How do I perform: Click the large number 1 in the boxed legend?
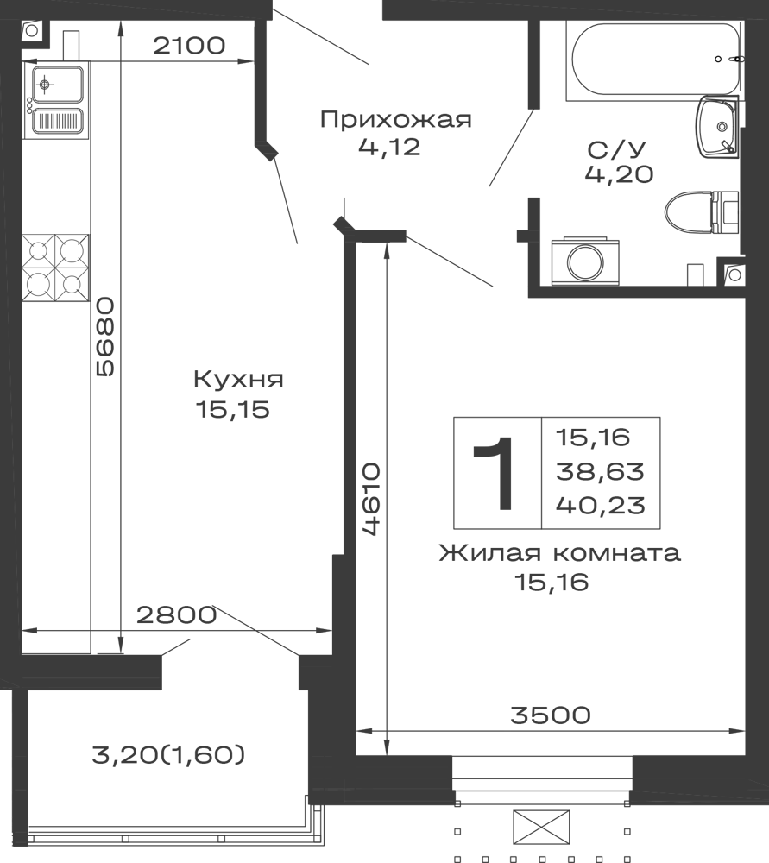(x=495, y=473)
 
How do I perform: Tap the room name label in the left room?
(x=237, y=381)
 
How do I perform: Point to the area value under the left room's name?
(x=236, y=412)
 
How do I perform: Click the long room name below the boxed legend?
(x=559, y=554)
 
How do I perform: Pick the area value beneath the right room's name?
(x=553, y=585)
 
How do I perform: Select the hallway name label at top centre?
(x=396, y=121)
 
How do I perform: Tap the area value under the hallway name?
(x=388, y=149)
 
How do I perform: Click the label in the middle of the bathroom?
(x=619, y=161)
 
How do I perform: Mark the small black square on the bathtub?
(x=717, y=61)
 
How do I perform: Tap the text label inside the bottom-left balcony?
(x=169, y=756)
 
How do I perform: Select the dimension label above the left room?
(x=190, y=44)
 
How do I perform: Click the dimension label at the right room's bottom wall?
(x=550, y=715)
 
